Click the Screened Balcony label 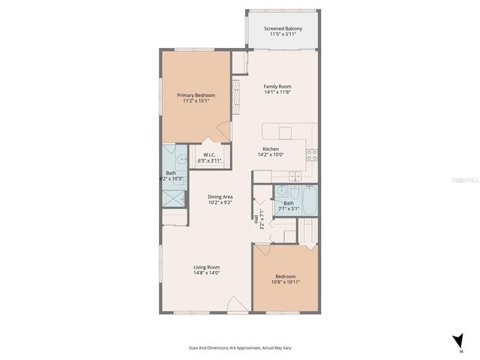pos(283,29)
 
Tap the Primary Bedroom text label pos(196,95)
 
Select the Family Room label pos(277,86)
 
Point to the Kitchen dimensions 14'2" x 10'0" pos(270,154)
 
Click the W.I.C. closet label pos(209,155)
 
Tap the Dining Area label pos(220,196)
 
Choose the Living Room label pos(206,267)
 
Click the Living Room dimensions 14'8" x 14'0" pos(206,273)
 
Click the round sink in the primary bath pos(182,160)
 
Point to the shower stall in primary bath pos(173,197)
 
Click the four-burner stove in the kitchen pos(311,155)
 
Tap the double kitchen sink pos(295,177)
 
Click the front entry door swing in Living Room pos(237,304)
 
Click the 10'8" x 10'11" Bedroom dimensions pos(286,281)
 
